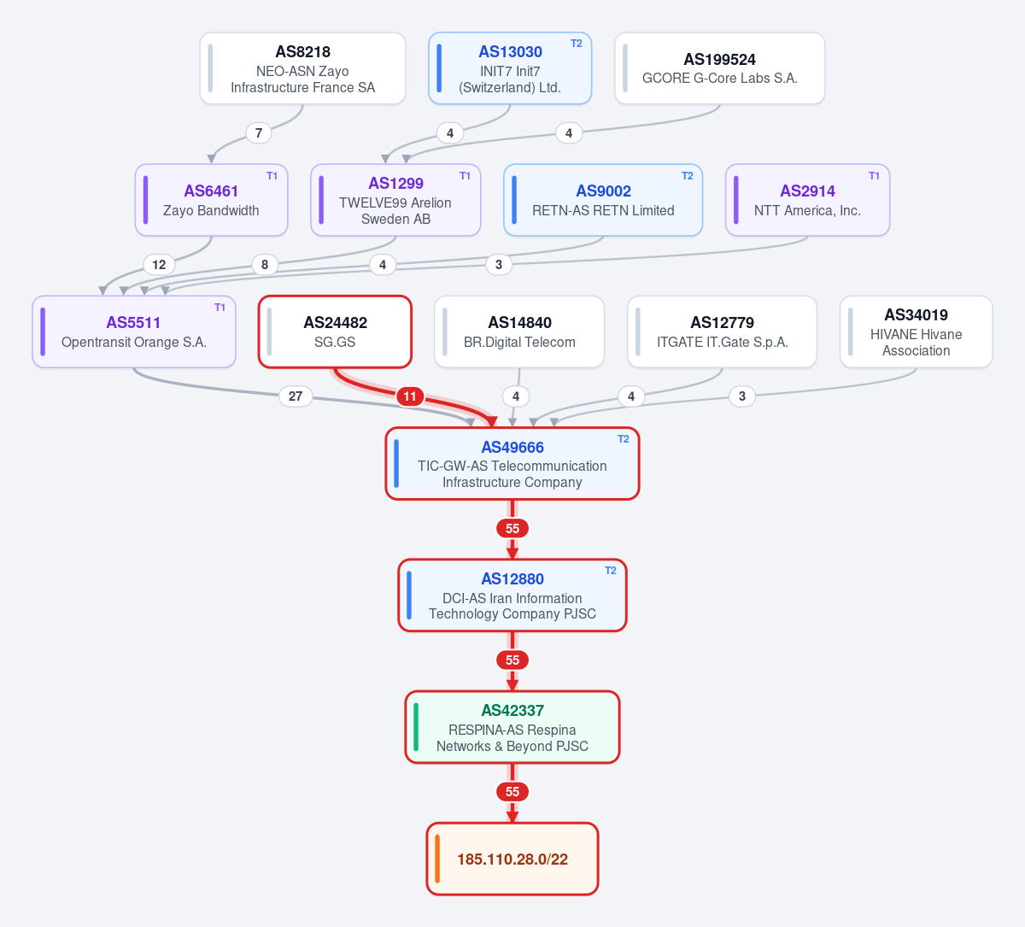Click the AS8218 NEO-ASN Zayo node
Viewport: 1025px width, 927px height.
302,68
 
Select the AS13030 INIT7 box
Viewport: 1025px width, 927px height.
510,68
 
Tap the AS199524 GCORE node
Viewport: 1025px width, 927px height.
719,68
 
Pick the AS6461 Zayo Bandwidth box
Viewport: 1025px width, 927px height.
211,200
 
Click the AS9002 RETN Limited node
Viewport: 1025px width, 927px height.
603,200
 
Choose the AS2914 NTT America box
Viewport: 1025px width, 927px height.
807,200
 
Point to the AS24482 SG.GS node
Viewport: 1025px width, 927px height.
335,331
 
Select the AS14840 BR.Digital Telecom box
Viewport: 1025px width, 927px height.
519,331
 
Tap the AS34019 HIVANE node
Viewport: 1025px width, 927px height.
917,331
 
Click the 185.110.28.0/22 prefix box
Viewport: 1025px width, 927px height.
512,859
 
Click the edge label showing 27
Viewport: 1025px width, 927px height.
296,396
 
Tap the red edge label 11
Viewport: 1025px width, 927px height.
410,396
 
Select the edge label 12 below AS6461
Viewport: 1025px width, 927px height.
159,265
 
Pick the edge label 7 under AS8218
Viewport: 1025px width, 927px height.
259,133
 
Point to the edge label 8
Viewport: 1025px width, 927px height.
265,265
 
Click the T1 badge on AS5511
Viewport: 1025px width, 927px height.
220,308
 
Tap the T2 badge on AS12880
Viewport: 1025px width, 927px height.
611,571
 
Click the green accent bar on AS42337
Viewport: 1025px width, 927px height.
416,727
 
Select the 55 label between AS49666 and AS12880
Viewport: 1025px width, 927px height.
512,529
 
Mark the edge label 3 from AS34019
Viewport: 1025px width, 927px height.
742,396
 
